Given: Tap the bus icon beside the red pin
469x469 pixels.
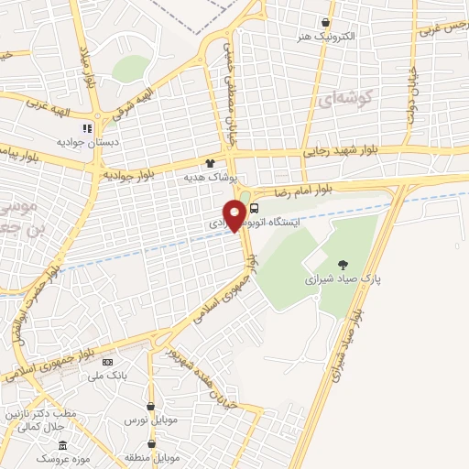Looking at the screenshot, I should (x=253, y=208).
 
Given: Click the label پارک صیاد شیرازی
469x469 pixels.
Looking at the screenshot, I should (x=342, y=276).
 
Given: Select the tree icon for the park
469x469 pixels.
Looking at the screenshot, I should (x=343, y=262).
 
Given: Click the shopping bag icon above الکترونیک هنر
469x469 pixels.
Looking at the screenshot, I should (x=326, y=21).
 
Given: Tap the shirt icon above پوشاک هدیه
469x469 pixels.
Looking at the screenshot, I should (x=210, y=163).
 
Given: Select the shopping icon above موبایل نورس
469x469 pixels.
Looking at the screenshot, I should (x=150, y=406).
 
